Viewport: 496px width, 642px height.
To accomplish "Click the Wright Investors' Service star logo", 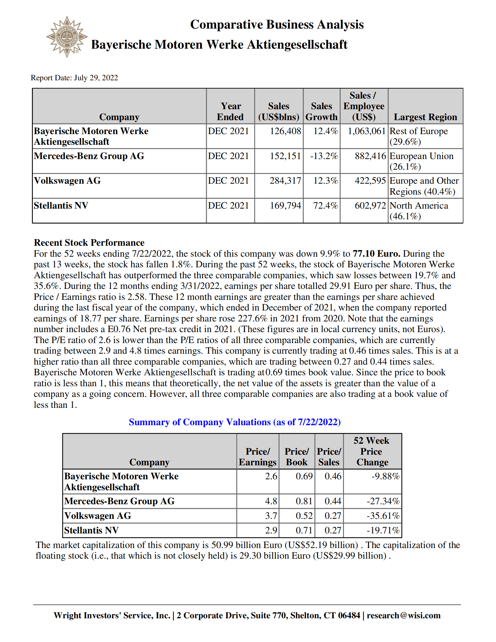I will click(x=67, y=37).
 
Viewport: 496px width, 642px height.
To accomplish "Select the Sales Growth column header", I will click(x=321, y=111).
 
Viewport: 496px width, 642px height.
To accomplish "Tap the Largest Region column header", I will click(x=425, y=117).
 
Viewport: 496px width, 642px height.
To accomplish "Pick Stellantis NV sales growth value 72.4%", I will click(x=325, y=206).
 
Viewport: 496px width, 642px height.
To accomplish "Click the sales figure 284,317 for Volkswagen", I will click(x=285, y=181).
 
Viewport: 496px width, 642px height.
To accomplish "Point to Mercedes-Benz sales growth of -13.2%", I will click(x=324, y=156).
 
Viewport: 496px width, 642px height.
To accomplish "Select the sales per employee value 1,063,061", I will click(x=366, y=131).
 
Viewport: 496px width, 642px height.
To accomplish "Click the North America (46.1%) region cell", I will click(x=418, y=211).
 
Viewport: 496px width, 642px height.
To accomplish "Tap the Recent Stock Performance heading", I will click(x=89, y=243).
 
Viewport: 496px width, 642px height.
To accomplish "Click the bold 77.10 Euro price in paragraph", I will click(x=376, y=254).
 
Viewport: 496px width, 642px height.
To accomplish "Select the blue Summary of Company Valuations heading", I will click(x=234, y=422).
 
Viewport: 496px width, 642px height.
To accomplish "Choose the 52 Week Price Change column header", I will click(x=372, y=451).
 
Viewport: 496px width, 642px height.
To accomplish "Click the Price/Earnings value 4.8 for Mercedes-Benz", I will click(x=271, y=501).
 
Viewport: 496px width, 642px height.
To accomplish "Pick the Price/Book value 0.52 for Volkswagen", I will click(x=304, y=516).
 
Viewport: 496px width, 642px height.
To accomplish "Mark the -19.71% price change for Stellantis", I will click(x=383, y=530).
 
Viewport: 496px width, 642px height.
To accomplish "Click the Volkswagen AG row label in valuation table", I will click(x=98, y=516).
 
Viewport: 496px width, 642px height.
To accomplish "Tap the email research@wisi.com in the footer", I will click(x=404, y=616).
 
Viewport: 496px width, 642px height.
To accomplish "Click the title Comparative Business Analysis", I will click(x=276, y=25).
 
